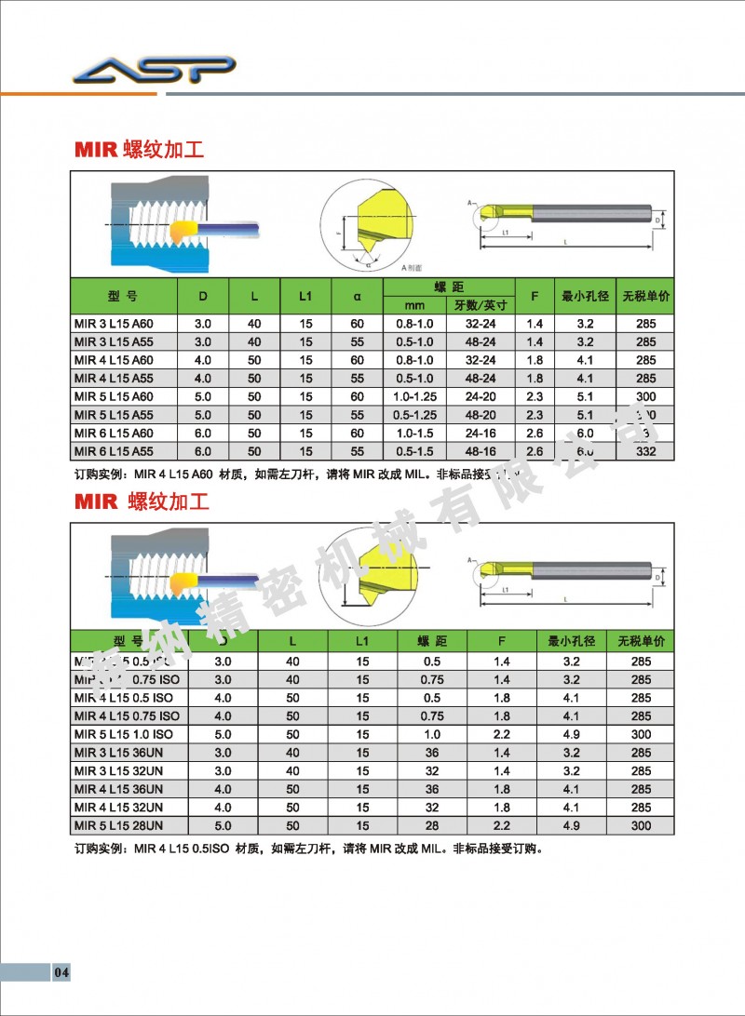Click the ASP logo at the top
click(155, 71)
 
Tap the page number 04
click(61, 973)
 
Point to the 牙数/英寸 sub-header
click(480, 305)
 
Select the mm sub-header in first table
click(414, 305)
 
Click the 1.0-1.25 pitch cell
click(414, 396)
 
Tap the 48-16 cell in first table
click(480, 451)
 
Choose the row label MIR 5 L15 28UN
click(118, 825)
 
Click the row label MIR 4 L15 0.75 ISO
click(126, 715)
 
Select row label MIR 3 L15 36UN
click(118, 752)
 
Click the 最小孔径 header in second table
click(571, 642)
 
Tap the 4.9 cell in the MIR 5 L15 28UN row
click(571, 825)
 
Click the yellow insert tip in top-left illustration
click(183, 228)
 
